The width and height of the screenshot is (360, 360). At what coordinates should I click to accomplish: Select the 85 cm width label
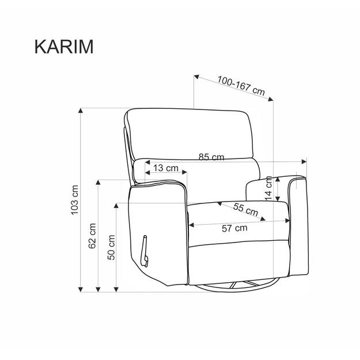click(211, 157)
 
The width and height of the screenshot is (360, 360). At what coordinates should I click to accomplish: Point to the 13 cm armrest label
click(166, 169)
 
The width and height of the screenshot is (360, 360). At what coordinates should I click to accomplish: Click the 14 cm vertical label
click(268, 188)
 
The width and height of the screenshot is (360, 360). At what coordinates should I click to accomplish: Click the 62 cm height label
click(92, 236)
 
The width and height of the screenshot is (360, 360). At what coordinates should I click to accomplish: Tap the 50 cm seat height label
click(112, 247)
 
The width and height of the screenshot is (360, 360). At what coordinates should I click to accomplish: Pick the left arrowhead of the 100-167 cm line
click(196, 77)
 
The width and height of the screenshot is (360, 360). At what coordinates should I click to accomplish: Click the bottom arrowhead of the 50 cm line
click(117, 288)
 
